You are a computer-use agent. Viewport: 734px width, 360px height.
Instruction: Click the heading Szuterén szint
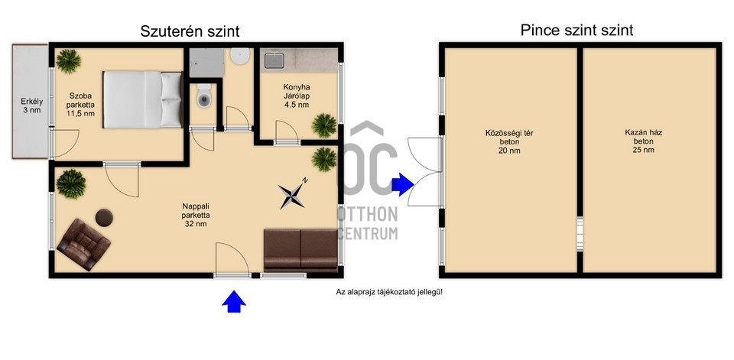190,31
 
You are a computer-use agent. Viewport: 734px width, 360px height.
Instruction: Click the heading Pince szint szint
576,31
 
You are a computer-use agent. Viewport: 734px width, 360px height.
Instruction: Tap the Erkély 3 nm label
30,105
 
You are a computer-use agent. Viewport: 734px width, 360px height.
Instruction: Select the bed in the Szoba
143,99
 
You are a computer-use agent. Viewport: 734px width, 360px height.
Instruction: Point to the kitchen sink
272,59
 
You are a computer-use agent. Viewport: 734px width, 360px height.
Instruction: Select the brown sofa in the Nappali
300,250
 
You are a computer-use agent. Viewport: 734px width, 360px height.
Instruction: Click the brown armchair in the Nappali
82,244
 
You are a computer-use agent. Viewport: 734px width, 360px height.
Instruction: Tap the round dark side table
104,217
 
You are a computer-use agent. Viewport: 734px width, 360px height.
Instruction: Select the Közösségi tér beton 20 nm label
509,141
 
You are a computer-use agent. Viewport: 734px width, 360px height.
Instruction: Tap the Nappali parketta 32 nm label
196,215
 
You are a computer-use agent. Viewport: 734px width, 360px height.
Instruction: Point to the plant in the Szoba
69,60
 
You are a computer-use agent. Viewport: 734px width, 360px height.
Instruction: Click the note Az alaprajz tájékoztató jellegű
389,291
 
